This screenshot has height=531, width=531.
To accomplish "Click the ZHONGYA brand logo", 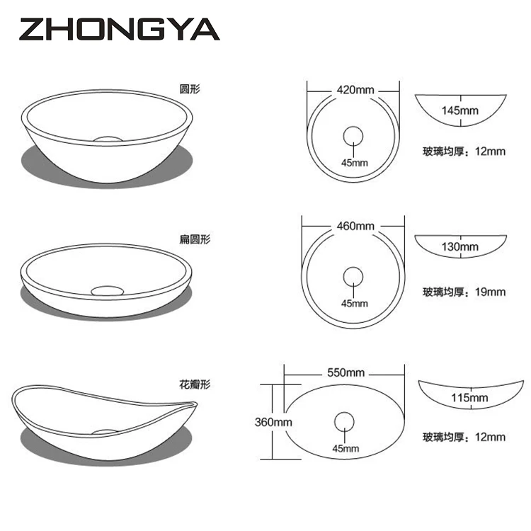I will [119, 29].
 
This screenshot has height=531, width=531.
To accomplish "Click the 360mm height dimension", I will [273, 422].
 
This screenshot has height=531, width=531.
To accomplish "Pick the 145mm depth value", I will [460, 110].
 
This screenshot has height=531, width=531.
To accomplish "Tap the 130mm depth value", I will [459, 247].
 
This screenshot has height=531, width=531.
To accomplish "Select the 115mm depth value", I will [469, 397].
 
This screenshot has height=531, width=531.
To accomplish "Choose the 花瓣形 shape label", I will [195, 384].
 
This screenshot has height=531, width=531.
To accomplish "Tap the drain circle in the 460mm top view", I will [353, 276].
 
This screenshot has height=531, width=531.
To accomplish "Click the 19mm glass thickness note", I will [464, 292].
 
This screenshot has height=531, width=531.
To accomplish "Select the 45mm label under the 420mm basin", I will [355, 162].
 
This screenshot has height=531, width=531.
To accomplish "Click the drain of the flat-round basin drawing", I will [108, 289].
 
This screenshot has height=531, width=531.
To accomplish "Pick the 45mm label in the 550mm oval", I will [346, 449].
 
